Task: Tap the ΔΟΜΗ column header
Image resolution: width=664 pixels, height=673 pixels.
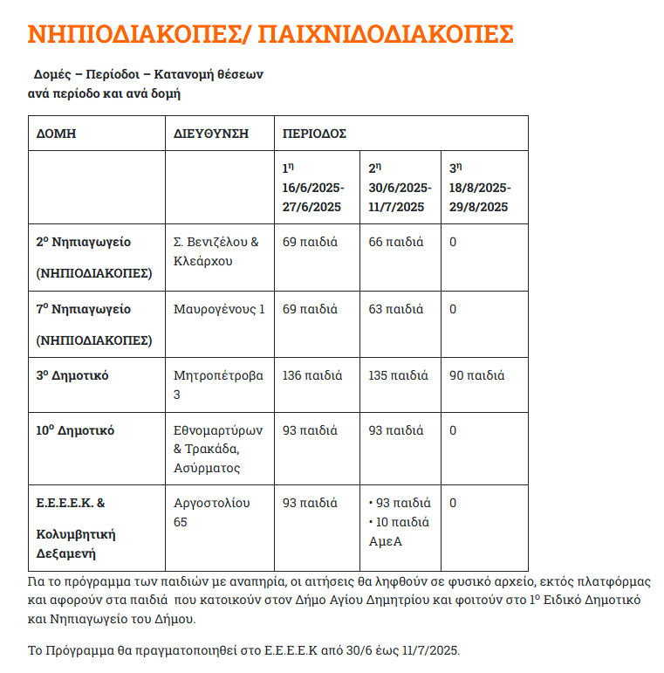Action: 56,134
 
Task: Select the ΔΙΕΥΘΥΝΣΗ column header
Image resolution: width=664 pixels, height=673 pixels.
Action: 211,134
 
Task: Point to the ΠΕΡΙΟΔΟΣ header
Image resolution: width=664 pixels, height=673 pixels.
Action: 314,134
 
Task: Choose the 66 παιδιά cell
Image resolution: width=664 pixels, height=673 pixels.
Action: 396,242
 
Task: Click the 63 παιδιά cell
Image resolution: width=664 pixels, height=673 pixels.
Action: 396,309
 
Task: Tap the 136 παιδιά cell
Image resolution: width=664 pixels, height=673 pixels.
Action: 310,376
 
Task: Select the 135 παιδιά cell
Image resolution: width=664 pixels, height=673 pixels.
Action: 398,376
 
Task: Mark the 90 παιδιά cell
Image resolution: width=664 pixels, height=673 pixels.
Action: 476,376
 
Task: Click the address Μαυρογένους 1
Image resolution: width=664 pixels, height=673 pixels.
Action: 218,309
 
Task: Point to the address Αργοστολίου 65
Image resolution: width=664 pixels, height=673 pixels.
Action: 212,512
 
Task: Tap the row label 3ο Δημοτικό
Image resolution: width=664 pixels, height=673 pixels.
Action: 72,376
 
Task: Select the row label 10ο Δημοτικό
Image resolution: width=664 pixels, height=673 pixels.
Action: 75,430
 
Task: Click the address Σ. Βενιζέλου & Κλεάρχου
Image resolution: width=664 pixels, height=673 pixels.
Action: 216,251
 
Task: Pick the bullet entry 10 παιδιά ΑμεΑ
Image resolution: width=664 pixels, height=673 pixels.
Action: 400,532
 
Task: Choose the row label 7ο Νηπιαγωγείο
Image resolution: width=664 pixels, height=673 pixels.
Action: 83,309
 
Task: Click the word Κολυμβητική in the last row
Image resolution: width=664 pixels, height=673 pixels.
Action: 76,534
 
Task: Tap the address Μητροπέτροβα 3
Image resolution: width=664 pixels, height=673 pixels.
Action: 218,385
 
